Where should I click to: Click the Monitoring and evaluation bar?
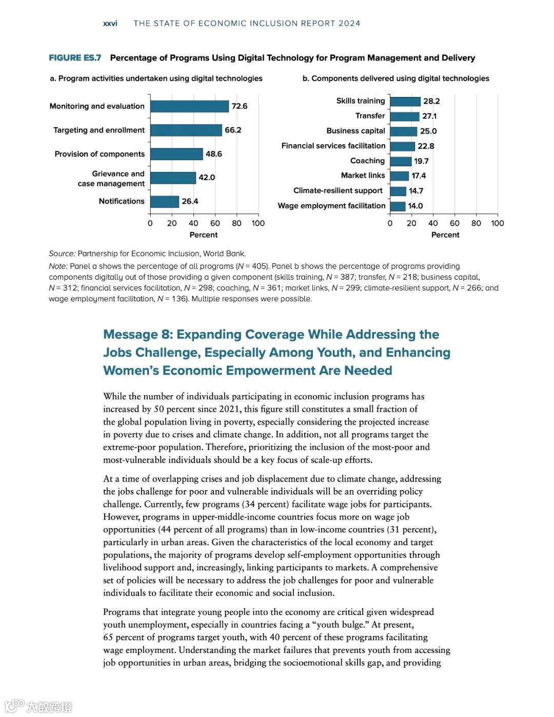click(189, 106)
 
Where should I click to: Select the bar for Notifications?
click(165, 201)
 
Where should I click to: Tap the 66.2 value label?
click(233, 130)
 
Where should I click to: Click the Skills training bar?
click(405, 101)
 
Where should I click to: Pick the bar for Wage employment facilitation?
click(398, 206)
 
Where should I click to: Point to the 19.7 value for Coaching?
click(421, 161)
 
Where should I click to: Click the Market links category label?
click(363, 176)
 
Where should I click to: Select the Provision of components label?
click(100, 154)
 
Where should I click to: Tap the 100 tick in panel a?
click(258, 223)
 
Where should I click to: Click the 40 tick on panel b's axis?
click(433, 223)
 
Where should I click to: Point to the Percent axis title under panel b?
click(445, 235)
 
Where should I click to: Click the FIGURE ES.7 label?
click(75, 58)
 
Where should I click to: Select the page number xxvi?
click(110, 24)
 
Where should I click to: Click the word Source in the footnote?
click(62, 254)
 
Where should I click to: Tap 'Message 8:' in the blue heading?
click(137, 335)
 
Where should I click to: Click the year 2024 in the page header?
click(349, 24)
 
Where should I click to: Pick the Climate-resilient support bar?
click(398, 191)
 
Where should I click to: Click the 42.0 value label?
click(207, 178)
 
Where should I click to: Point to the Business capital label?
click(355, 131)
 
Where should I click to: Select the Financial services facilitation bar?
click(402, 146)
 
